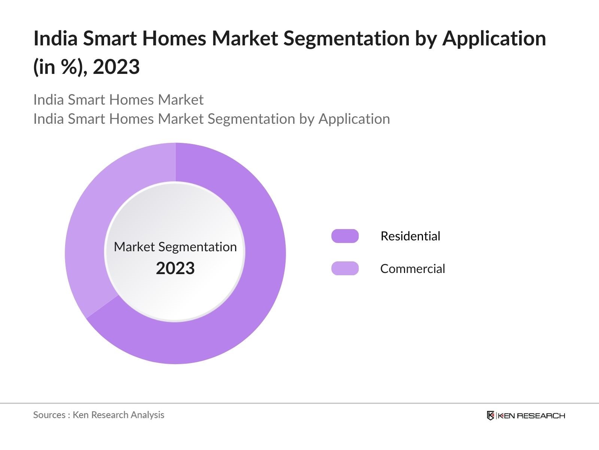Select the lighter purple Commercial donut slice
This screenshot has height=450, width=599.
click(97, 210)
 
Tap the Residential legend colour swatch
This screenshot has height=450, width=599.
click(345, 236)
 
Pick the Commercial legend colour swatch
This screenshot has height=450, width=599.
click(345, 268)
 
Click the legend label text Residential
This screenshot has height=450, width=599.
click(410, 236)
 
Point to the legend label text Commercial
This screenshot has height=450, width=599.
click(413, 268)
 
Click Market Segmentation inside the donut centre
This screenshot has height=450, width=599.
click(175, 247)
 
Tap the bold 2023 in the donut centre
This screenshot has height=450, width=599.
click(175, 268)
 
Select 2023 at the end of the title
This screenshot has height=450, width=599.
click(116, 67)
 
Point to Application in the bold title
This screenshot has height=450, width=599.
click(494, 38)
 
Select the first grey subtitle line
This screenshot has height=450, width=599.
click(118, 100)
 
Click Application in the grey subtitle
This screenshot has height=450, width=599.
click(354, 119)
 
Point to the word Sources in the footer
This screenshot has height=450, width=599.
click(49, 415)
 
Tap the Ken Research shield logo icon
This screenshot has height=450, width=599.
click(490, 415)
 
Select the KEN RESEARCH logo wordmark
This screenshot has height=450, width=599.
click(531, 415)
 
